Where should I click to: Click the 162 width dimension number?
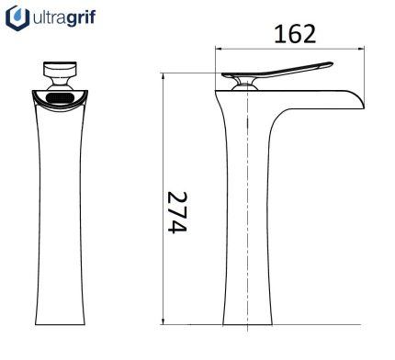[295, 34]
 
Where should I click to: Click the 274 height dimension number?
[177, 213]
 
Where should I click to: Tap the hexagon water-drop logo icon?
[17, 18]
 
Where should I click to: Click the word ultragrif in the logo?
[64, 17]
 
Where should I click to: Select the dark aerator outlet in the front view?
[60, 98]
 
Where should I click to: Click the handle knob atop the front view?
[60, 69]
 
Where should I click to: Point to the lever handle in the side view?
[277, 71]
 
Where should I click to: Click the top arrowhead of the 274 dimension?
[164, 76]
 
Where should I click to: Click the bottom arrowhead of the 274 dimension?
[164, 321]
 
